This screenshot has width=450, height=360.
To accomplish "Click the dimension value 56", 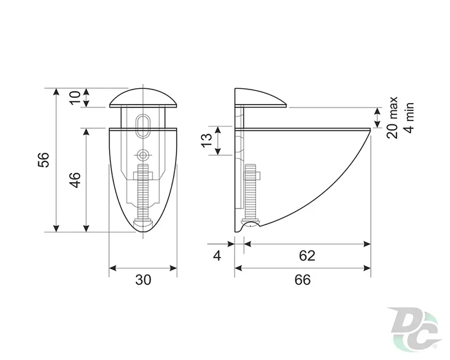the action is click(44, 160).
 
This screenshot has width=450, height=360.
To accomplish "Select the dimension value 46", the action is click(75, 180).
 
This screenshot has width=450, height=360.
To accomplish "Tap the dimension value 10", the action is click(75, 98).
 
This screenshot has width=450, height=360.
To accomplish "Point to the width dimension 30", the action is click(143, 280).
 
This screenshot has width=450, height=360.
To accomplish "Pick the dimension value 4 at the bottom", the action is click(217, 255).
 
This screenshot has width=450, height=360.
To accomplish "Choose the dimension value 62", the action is click(307, 255).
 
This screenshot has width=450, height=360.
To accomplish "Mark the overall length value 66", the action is click(302, 280).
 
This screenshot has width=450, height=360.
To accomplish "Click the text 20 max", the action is click(392, 118).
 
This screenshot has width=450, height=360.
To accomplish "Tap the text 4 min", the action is click(409, 118).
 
